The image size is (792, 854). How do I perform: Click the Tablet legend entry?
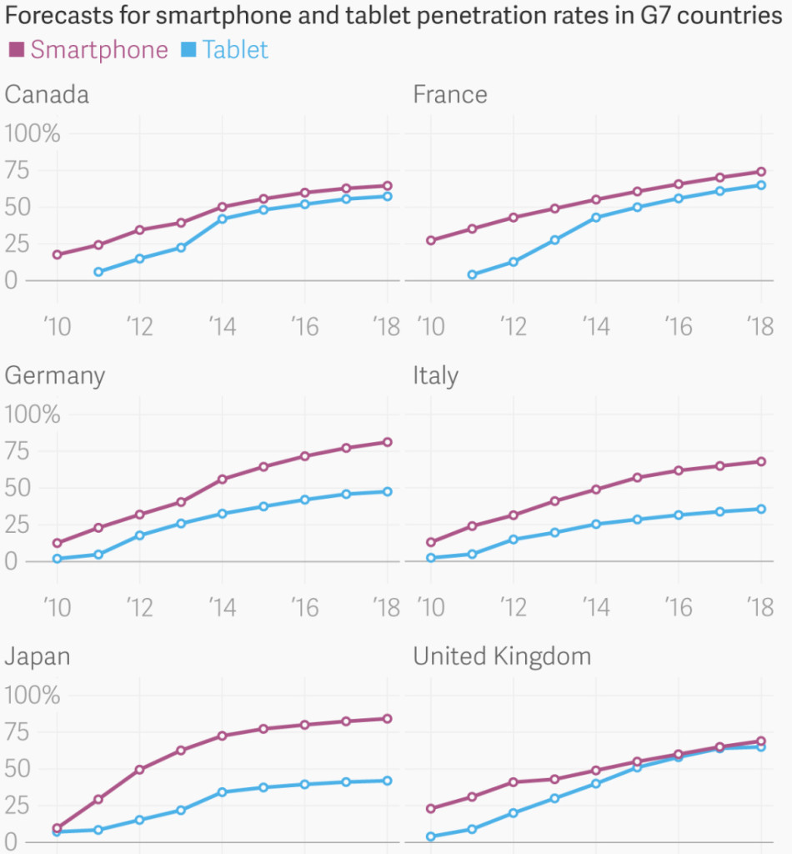tap(225, 50)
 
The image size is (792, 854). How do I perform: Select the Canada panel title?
tap(47, 94)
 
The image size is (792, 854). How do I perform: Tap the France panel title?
tap(450, 94)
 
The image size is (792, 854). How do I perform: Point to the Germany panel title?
tap(55, 376)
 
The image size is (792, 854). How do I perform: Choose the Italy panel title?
tap(435, 376)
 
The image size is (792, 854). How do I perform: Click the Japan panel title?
tap(38, 656)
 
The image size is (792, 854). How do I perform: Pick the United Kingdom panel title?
tap(502, 656)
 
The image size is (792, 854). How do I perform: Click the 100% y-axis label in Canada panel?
tap(33, 133)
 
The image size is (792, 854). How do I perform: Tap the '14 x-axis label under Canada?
tap(222, 326)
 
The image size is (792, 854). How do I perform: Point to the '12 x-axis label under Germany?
tap(139, 607)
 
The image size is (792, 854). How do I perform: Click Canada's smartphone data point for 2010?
tap(57, 254)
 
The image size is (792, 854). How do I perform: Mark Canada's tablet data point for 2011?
tap(98, 272)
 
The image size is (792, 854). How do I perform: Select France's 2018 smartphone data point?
tap(760, 172)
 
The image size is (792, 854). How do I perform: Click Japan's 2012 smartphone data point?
tap(139, 769)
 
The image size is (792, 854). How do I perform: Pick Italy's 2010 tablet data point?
tap(430, 558)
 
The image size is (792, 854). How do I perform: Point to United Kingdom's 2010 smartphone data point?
tap(430, 808)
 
